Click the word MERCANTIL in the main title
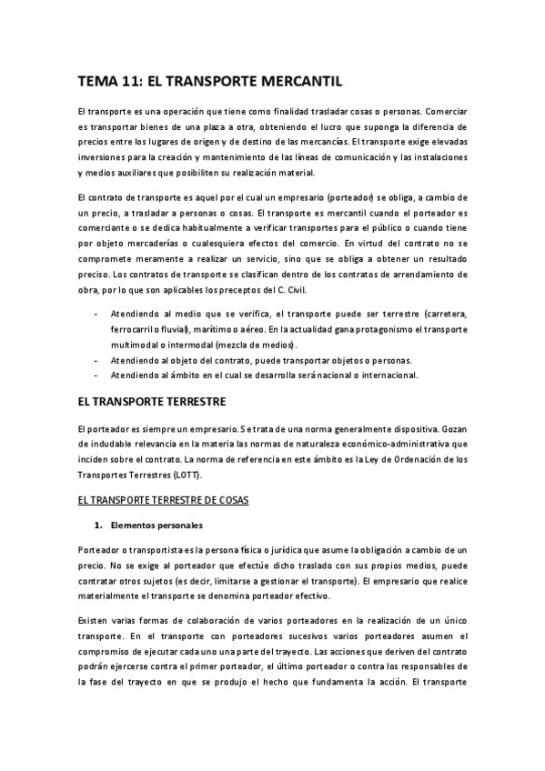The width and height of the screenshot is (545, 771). (x=297, y=80)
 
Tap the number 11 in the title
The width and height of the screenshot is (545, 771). (x=130, y=80)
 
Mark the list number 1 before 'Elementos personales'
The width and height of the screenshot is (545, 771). (x=96, y=526)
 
